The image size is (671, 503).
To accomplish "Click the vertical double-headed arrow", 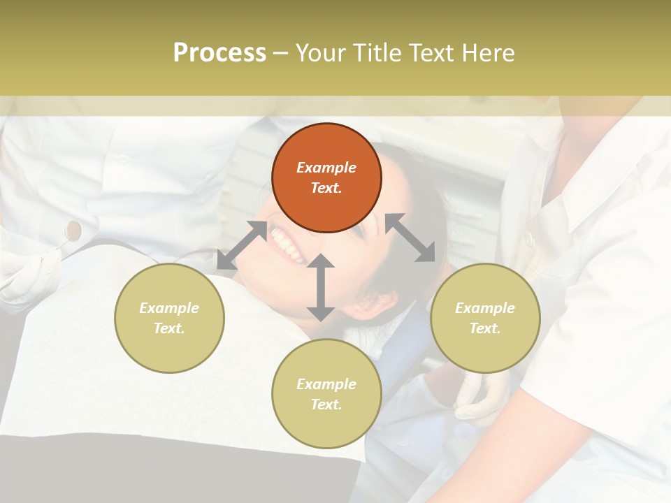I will (320, 288).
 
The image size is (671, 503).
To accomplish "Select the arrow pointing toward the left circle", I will (242, 245).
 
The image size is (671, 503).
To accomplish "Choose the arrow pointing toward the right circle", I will (410, 238).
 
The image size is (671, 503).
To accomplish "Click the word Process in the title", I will (219, 52).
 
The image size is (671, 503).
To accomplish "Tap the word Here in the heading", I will (489, 52).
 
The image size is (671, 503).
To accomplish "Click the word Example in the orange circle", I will (326, 168).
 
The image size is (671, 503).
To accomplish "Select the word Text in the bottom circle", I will (326, 404).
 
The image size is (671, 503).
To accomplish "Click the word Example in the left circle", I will (169, 308).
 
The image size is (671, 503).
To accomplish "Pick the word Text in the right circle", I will (485, 328).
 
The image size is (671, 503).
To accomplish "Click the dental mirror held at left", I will (73, 229).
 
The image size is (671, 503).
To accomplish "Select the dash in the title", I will (280, 52).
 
